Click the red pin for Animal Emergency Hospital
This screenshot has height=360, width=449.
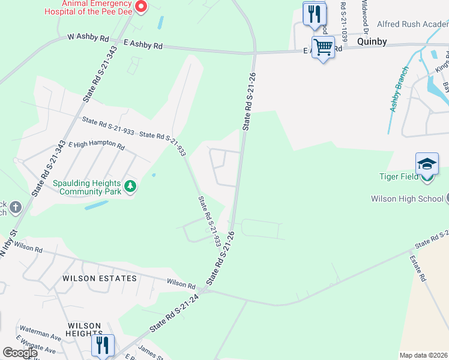141,7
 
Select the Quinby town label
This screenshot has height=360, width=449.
372,42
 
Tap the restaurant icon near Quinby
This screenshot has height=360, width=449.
315,13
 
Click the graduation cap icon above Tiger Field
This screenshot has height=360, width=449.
427,163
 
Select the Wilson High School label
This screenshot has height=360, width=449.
407,199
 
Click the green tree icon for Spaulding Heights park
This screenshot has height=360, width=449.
130,187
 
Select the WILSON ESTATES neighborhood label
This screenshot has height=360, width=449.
99,278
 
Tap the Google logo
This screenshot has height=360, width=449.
19,353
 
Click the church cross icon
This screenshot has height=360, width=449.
15,208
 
